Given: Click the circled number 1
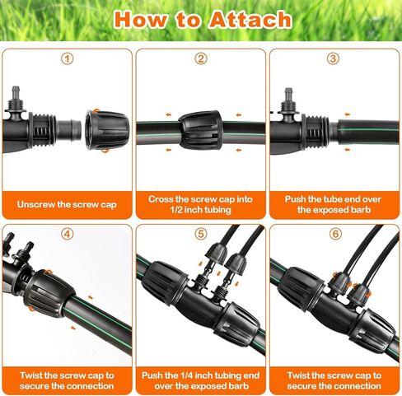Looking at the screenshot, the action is click(x=68, y=58).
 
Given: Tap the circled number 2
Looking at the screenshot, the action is click(x=201, y=58).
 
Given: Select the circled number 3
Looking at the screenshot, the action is click(x=333, y=58).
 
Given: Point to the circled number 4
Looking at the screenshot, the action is click(x=68, y=234).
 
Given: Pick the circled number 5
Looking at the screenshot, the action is click(x=201, y=234).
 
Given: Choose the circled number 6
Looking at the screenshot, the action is click(x=335, y=234).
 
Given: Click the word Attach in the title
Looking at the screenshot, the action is click(x=250, y=20).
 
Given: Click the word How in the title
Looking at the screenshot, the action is click(x=140, y=20).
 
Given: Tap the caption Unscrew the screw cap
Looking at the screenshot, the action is click(x=67, y=205).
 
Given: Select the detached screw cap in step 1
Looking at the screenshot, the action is click(x=107, y=130).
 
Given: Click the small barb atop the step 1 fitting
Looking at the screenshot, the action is click(x=16, y=93).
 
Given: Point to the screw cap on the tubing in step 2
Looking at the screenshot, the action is click(x=200, y=130).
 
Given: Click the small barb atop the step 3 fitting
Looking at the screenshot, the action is click(x=288, y=95).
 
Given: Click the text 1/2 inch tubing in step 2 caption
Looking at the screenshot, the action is click(x=200, y=210).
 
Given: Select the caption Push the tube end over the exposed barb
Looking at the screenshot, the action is click(x=333, y=204).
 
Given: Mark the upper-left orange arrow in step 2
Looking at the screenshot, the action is click(x=168, y=115).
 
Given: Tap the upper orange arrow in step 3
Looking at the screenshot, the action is click(x=348, y=114).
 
